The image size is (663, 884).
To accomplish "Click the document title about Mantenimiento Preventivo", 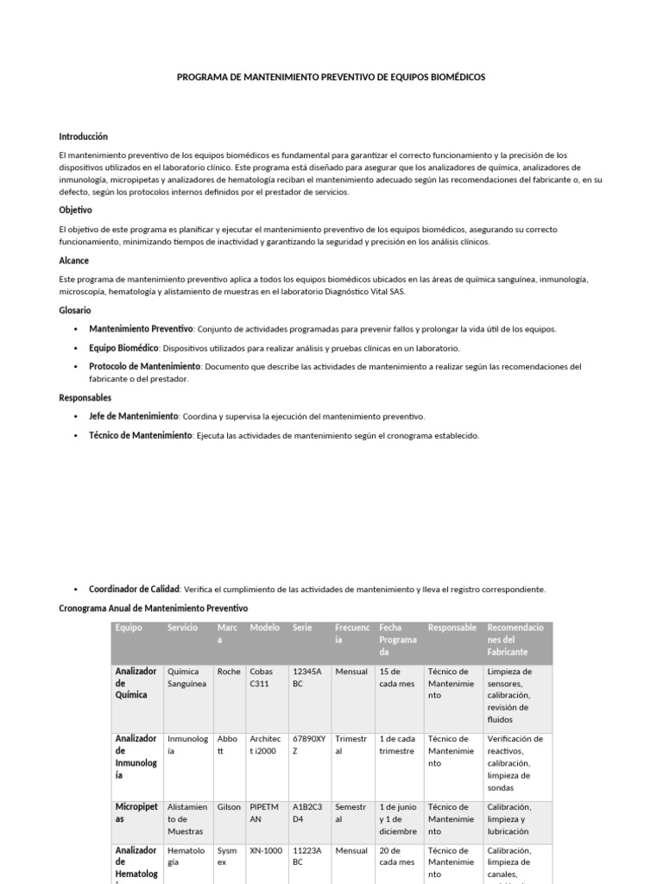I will (331, 77).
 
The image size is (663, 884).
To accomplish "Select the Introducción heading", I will (83, 136).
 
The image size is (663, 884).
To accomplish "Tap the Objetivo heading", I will (75, 210).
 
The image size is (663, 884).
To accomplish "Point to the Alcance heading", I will (73, 261).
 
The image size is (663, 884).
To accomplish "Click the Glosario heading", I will (74, 310).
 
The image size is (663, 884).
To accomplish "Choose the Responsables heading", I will (85, 398).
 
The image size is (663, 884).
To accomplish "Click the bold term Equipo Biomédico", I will (123, 348).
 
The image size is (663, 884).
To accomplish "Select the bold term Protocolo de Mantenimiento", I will (144, 367).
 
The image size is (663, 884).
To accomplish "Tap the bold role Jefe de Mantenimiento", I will (133, 416).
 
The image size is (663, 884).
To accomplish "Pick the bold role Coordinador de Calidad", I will (134, 590).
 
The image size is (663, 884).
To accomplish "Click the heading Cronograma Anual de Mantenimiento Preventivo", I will (153, 609).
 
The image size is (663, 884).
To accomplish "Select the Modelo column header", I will (264, 628).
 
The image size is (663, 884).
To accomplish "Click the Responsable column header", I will (451, 628).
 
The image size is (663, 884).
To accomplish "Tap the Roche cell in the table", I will (228, 672).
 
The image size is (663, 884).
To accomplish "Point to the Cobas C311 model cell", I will (262, 678).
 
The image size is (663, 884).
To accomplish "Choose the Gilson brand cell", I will (229, 807).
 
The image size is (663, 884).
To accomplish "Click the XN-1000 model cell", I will (265, 850).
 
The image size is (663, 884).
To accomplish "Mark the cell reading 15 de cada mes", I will (396, 678).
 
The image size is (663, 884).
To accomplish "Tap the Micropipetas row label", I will (136, 813).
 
